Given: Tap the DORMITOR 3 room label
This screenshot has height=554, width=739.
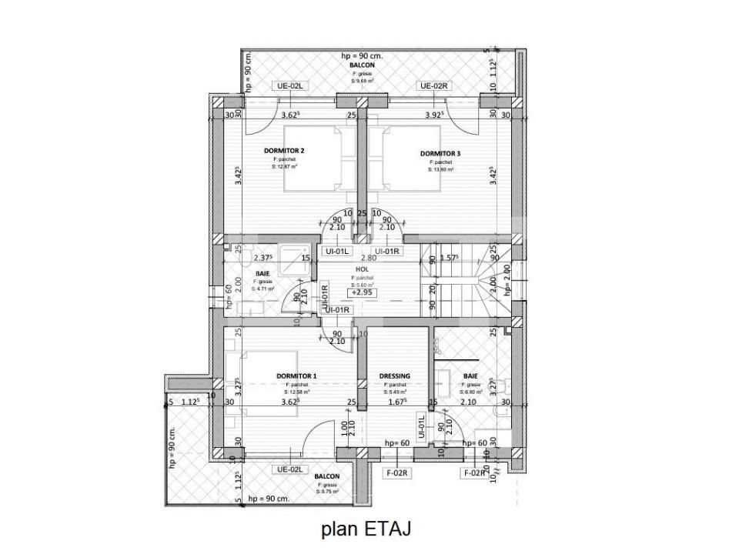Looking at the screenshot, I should pyautogui.click(x=440, y=154).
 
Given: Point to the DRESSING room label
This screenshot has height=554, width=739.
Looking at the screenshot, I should pyautogui.click(x=395, y=376).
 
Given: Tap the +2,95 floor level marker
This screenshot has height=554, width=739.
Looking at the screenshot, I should pyautogui.click(x=363, y=292).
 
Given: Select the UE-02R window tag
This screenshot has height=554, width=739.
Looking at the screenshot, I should pyautogui.click(x=433, y=86).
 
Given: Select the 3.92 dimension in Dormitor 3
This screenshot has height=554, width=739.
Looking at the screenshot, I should pyautogui.click(x=438, y=115).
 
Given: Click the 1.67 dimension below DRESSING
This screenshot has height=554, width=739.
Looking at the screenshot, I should pyautogui.click(x=396, y=402).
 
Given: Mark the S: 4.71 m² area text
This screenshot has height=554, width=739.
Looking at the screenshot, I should pyautogui.click(x=263, y=290).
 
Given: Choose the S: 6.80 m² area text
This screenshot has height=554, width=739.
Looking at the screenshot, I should pyautogui.click(x=470, y=392).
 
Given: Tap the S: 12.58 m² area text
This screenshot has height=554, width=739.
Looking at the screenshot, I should pyautogui.click(x=296, y=392).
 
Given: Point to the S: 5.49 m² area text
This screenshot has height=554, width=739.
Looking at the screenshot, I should pyautogui.click(x=395, y=392).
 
